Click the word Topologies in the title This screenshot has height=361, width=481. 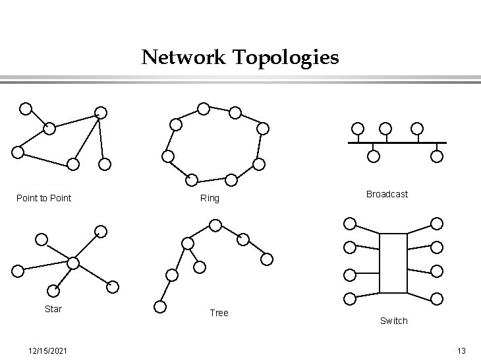[x=286, y=58]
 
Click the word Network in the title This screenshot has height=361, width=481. [x=184, y=57]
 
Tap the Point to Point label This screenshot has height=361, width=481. [x=43, y=198]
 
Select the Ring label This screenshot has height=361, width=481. [x=210, y=198]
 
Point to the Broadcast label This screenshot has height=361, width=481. [x=387, y=194]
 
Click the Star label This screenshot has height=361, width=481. [x=53, y=309]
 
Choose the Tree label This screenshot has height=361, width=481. [x=219, y=313]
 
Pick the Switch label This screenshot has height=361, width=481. [x=393, y=321]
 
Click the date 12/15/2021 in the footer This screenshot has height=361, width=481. [x=46, y=350]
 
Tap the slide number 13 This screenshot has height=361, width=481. [x=461, y=350]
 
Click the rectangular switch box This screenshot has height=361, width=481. [x=393, y=263]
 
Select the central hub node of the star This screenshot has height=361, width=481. [x=73, y=263]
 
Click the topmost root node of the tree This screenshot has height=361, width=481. [x=215, y=226]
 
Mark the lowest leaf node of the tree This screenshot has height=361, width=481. [x=159, y=306]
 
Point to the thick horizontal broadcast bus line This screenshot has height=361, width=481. [x=397, y=143]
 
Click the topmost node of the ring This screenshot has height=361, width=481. [x=204, y=108]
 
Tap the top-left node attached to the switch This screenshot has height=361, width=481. [x=351, y=224]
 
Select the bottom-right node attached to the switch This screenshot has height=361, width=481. [x=436, y=298]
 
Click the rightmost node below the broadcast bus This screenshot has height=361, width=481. [x=437, y=156]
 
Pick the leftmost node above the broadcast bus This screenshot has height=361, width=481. [x=357, y=128]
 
